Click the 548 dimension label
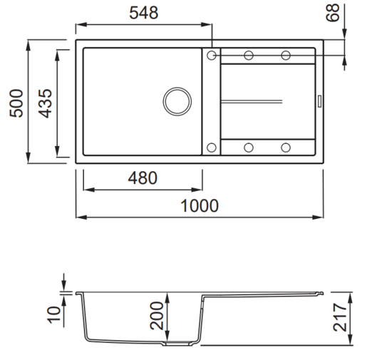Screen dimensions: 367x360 (144, 13)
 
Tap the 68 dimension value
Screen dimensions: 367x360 (333, 13)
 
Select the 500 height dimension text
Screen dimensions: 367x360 (16, 103)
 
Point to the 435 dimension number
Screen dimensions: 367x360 (45, 103)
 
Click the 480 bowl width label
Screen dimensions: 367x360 (143, 178)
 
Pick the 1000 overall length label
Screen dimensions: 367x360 (200, 205)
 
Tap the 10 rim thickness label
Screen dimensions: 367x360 (54, 314)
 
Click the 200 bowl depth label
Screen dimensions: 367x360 (157, 316)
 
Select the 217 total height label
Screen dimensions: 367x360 (340, 317)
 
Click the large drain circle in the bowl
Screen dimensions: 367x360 (177, 88)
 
